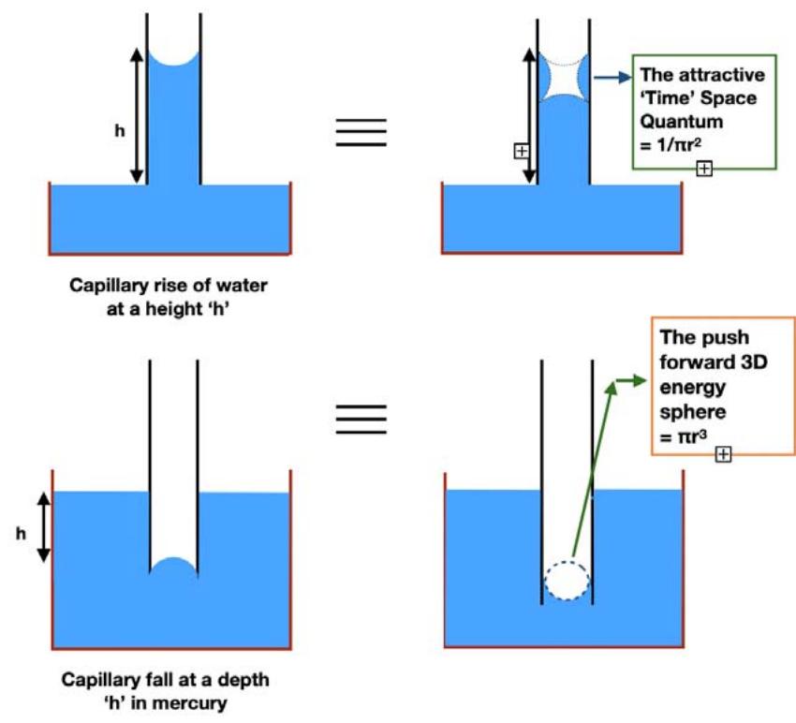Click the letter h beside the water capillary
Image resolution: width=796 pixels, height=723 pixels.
tap(119, 132)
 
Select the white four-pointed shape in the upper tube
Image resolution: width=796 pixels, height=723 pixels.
tap(564, 78)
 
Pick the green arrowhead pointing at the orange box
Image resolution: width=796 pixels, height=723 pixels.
tap(638, 380)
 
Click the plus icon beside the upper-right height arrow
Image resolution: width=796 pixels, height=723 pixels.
tap(521, 151)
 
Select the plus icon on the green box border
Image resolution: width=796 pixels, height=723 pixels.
tap(704, 169)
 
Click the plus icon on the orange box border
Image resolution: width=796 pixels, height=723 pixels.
tap(723, 454)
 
